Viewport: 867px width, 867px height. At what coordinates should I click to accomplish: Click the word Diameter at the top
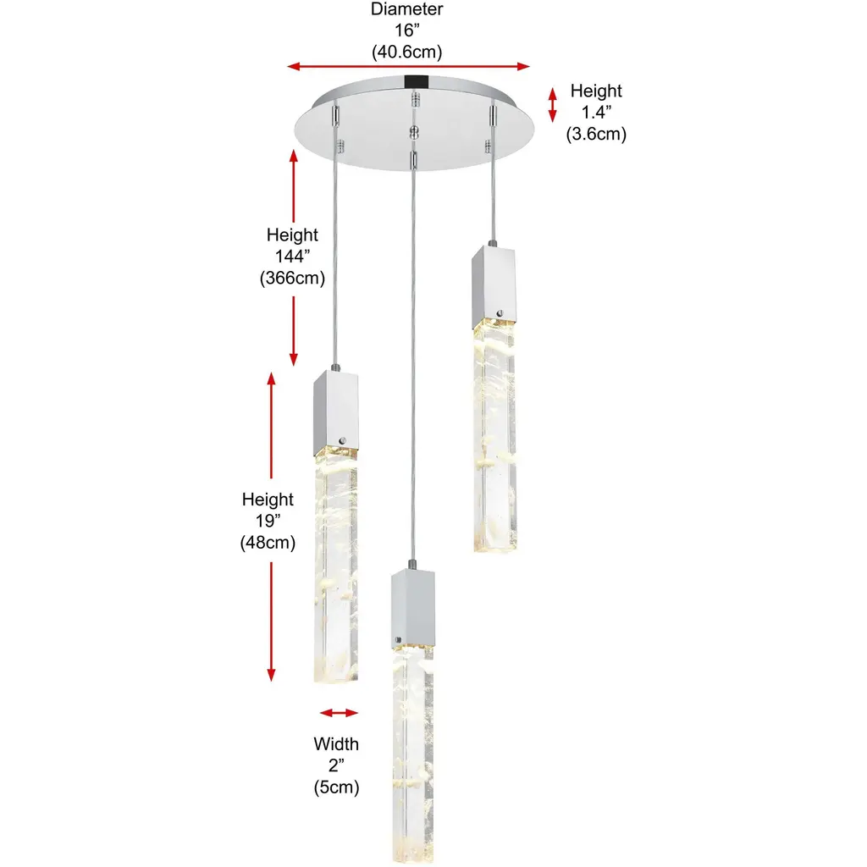[x=406, y=8]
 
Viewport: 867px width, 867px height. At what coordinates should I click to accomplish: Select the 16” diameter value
[x=407, y=30]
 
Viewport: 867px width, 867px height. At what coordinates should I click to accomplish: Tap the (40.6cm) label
[x=407, y=52]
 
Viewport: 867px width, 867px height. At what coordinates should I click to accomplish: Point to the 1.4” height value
[x=596, y=113]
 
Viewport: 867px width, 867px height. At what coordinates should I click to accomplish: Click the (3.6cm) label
[x=596, y=134]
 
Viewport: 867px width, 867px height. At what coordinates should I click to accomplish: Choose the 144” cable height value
[x=292, y=256]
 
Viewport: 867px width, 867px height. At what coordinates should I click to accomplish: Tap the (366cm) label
[x=292, y=278]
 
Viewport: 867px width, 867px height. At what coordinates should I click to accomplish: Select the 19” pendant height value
[x=268, y=521]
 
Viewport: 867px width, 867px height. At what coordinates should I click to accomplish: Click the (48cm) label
[x=268, y=543]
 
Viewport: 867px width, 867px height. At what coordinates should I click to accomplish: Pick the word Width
[x=336, y=743]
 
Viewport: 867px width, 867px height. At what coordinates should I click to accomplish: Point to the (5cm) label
[x=336, y=787]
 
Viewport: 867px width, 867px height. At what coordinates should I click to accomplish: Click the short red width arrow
[x=339, y=713]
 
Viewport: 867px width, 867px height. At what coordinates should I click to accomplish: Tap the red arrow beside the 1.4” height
[x=552, y=104]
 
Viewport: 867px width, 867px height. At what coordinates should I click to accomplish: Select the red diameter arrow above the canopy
[x=409, y=66]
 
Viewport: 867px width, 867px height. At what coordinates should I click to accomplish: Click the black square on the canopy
[x=417, y=82]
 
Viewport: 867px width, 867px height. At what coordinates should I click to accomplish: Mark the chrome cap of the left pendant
[x=335, y=412]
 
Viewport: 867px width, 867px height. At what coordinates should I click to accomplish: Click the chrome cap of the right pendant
[x=494, y=286]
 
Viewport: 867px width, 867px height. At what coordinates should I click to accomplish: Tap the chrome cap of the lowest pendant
[x=413, y=608]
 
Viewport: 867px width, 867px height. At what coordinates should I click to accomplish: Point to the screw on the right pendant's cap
[x=500, y=313]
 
